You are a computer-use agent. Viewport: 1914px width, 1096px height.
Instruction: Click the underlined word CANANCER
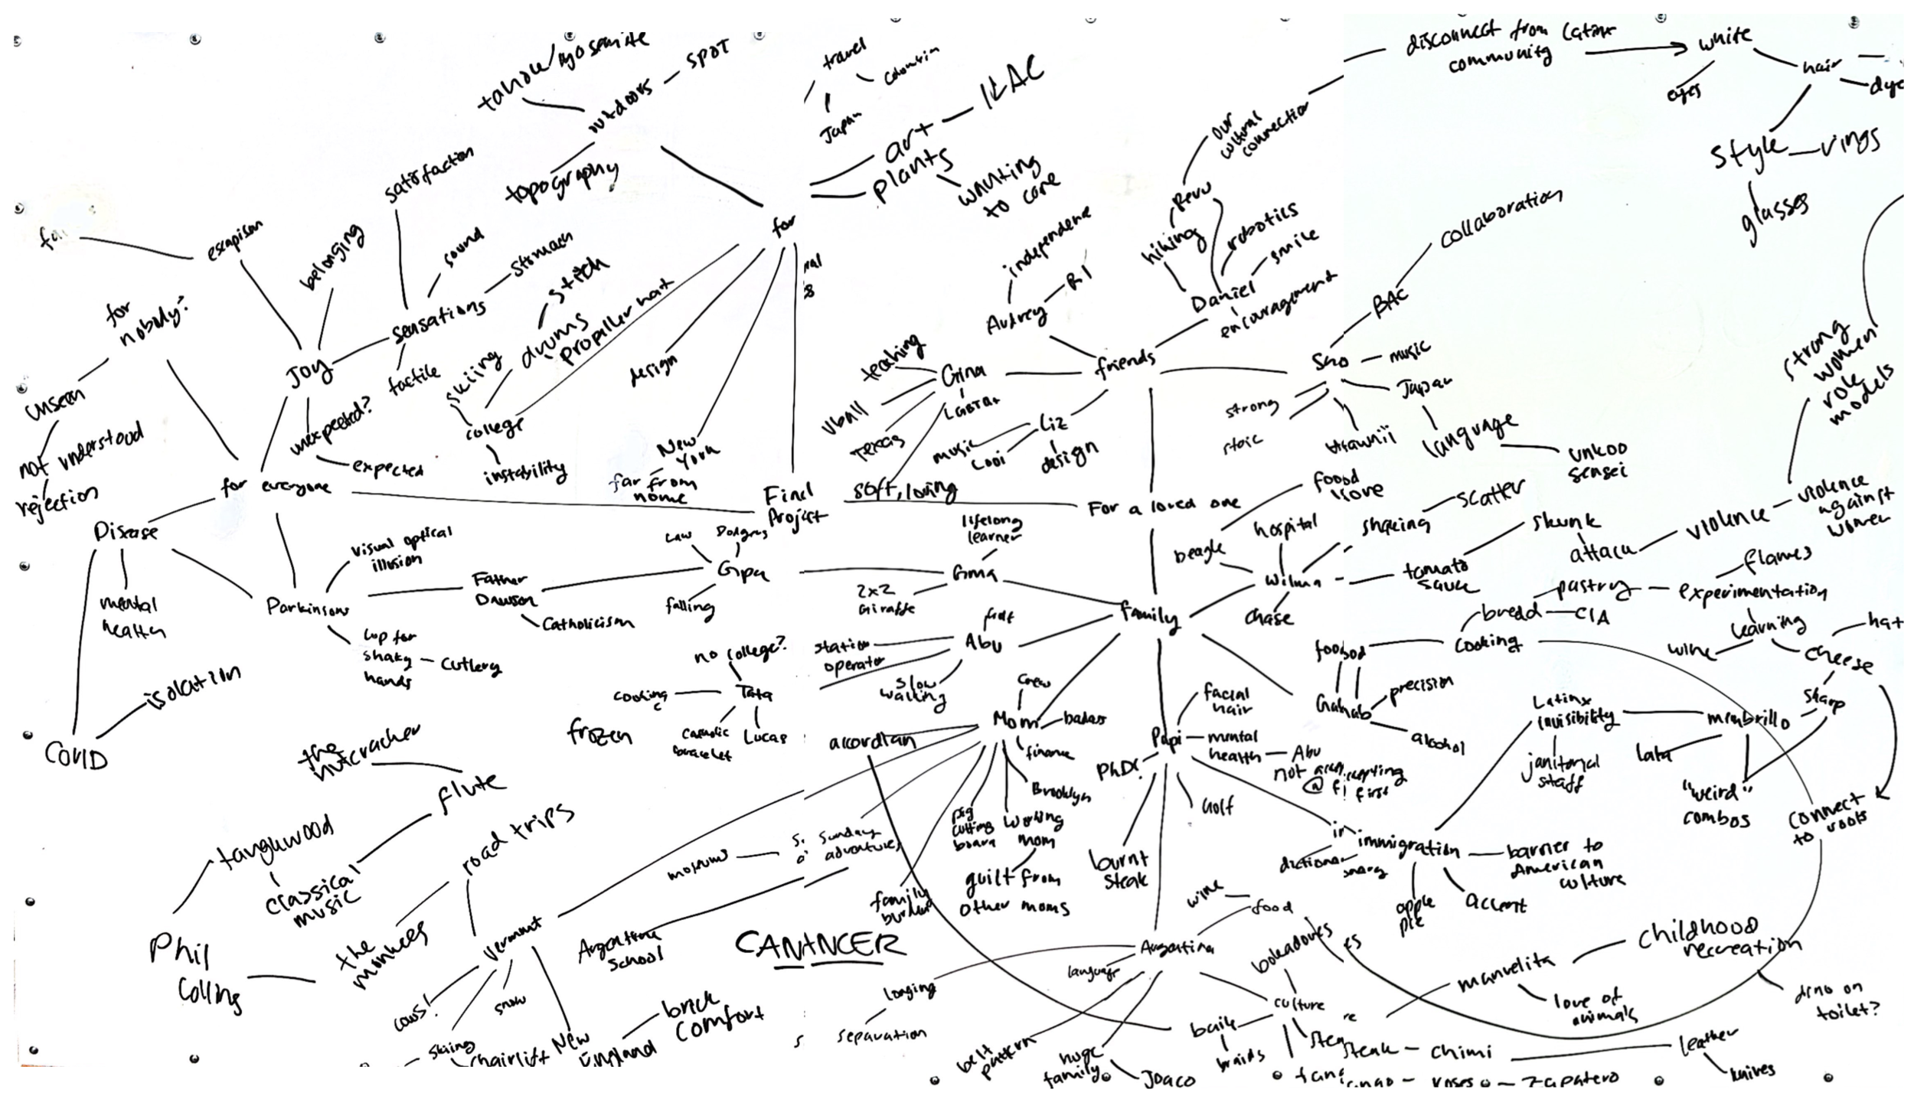pos(819,945)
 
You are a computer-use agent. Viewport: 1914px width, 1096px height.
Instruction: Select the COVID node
pos(76,755)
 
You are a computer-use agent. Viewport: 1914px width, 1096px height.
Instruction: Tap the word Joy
pos(310,373)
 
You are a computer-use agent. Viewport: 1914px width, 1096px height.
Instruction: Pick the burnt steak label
pos(1119,869)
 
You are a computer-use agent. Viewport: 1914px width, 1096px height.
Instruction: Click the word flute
pos(471,788)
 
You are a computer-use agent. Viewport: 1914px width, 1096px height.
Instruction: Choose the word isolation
pos(191,687)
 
